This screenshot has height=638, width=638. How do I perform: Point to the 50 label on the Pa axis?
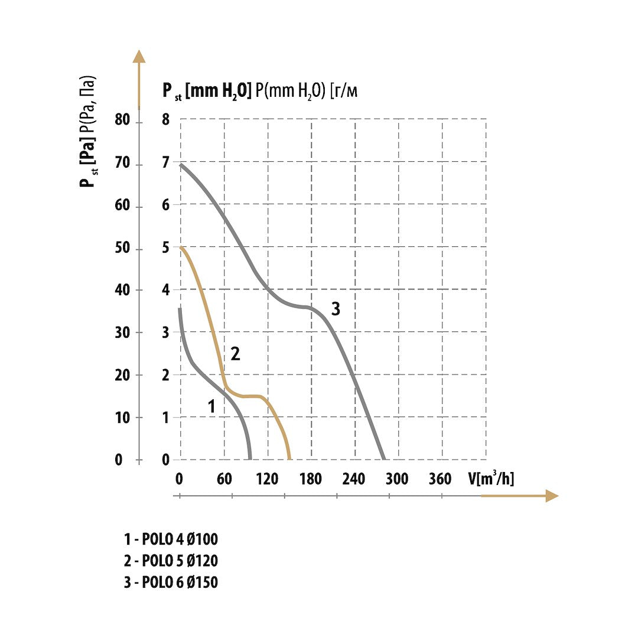pyautogui.click(x=122, y=248)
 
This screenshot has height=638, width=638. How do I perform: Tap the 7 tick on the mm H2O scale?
pyautogui.click(x=165, y=163)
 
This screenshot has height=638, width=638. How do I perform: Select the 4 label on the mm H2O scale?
pyautogui.click(x=165, y=290)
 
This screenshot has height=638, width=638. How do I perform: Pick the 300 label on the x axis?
pyautogui.click(x=397, y=479)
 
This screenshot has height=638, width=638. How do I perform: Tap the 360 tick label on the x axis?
pyautogui.click(x=440, y=479)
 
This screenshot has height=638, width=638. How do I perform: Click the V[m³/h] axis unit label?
pyautogui.click(x=491, y=479)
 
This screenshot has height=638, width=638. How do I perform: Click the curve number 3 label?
pyautogui.click(x=336, y=309)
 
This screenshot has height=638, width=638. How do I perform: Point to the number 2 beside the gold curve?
pyautogui.click(x=235, y=354)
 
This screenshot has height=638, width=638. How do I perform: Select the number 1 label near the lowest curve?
pyautogui.click(x=211, y=406)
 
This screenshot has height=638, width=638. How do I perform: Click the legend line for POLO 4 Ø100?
pyautogui.click(x=171, y=539)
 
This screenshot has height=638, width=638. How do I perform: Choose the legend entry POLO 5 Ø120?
pyautogui.click(x=171, y=561)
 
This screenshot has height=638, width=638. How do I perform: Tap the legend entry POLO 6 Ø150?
pyautogui.click(x=171, y=582)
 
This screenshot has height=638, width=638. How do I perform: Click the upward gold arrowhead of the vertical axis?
pyautogui.click(x=139, y=56)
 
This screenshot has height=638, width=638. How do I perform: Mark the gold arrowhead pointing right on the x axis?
pyautogui.click(x=552, y=496)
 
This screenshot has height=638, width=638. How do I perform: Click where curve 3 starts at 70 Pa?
pyautogui.click(x=181, y=164)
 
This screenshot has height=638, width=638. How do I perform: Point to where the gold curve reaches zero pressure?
pyautogui.click(x=289, y=458)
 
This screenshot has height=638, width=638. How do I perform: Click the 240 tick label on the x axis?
pyautogui.click(x=353, y=479)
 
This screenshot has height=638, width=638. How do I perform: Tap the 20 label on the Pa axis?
pyautogui.click(x=122, y=375)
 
